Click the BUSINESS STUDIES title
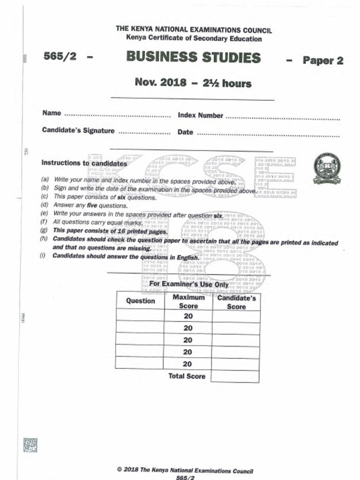pyautogui.click(x=193, y=58)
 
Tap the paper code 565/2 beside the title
pyautogui.click(x=60, y=56)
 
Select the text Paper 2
pyautogui.click(x=322, y=60)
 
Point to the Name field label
pyautogui.click(x=52, y=113)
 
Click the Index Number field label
pyautogui.click(x=200, y=115)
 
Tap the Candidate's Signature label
pyautogui.click(x=78, y=130)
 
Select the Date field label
pyautogui.click(x=185, y=132)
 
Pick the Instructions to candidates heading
pyautogui.click(x=84, y=163)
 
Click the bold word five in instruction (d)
pyautogui.click(x=92, y=205)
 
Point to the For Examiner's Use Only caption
pyautogui.click(x=189, y=285)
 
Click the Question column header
pyautogui.click(x=140, y=301)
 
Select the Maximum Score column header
pyautogui.click(x=188, y=301)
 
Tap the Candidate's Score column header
pyautogui.click(x=236, y=302)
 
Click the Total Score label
pyautogui.click(x=187, y=376)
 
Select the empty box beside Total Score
pyautogui.click(x=235, y=376)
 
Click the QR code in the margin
pyautogui.click(x=30, y=445)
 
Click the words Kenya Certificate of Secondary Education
pyautogui.click(x=194, y=38)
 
